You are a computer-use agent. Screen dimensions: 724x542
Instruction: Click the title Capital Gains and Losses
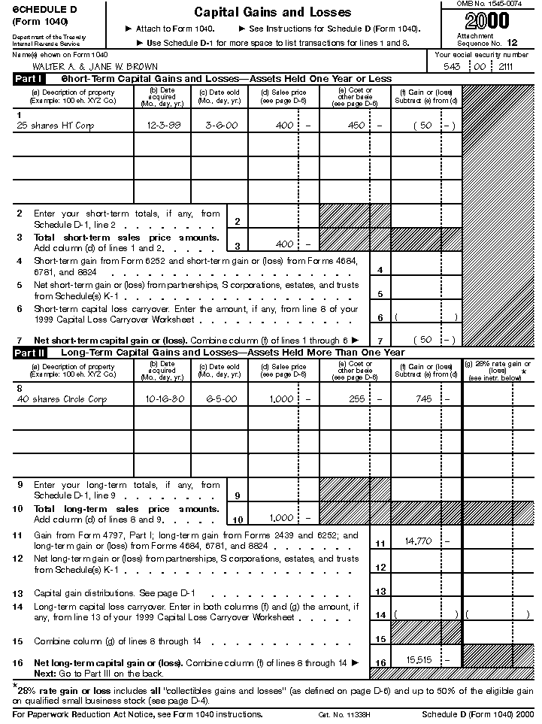click(272, 12)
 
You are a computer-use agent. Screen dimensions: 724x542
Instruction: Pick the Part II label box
click(29, 352)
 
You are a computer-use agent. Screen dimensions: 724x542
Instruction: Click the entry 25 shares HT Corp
click(55, 126)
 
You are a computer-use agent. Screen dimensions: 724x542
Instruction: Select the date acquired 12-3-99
click(163, 126)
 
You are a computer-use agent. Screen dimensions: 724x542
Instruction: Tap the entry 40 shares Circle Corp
click(61, 399)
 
